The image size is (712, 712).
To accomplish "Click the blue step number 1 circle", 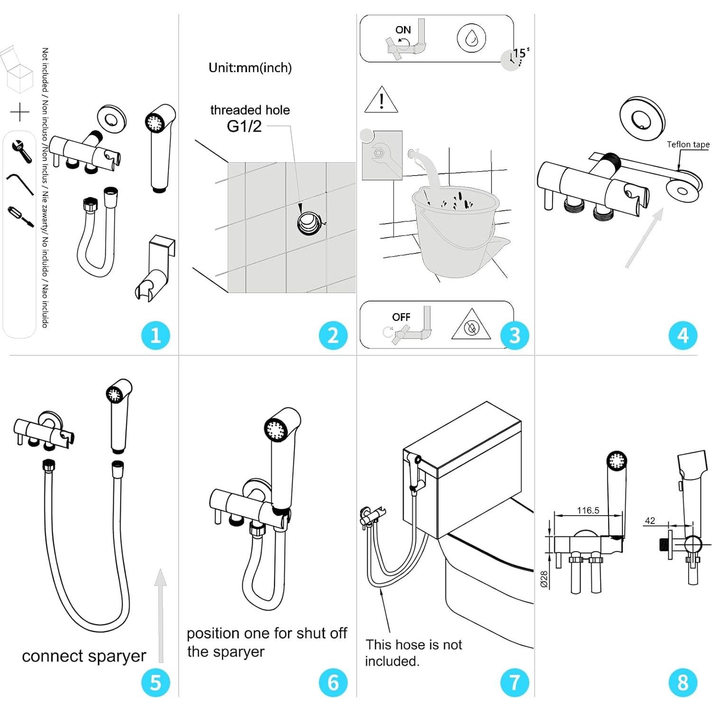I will pyautogui.click(x=156, y=336).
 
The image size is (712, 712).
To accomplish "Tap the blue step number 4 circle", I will pyautogui.click(x=683, y=336).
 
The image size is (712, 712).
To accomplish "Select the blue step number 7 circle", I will pyautogui.click(x=515, y=683).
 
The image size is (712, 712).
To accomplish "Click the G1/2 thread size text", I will pyautogui.click(x=244, y=126).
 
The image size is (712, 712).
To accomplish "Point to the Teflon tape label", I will pyautogui.click(x=688, y=144).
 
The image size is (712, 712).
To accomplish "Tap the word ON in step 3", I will pyautogui.click(x=403, y=30).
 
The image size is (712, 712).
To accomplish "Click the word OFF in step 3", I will pyautogui.click(x=401, y=317).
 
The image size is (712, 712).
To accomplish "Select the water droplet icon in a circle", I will pyautogui.click(x=471, y=38).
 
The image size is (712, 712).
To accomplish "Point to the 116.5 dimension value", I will pyautogui.click(x=588, y=510).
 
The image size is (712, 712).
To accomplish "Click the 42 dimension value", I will pyautogui.click(x=650, y=521).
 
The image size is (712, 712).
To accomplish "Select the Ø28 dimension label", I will pyautogui.click(x=544, y=579).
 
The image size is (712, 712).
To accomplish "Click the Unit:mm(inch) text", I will pyautogui.click(x=250, y=68).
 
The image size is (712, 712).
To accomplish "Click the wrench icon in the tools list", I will pyautogui.click(x=21, y=151).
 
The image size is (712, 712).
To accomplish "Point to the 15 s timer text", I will pyautogui.click(x=521, y=53).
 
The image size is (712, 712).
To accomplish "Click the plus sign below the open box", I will pyautogui.click(x=20, y=112).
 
